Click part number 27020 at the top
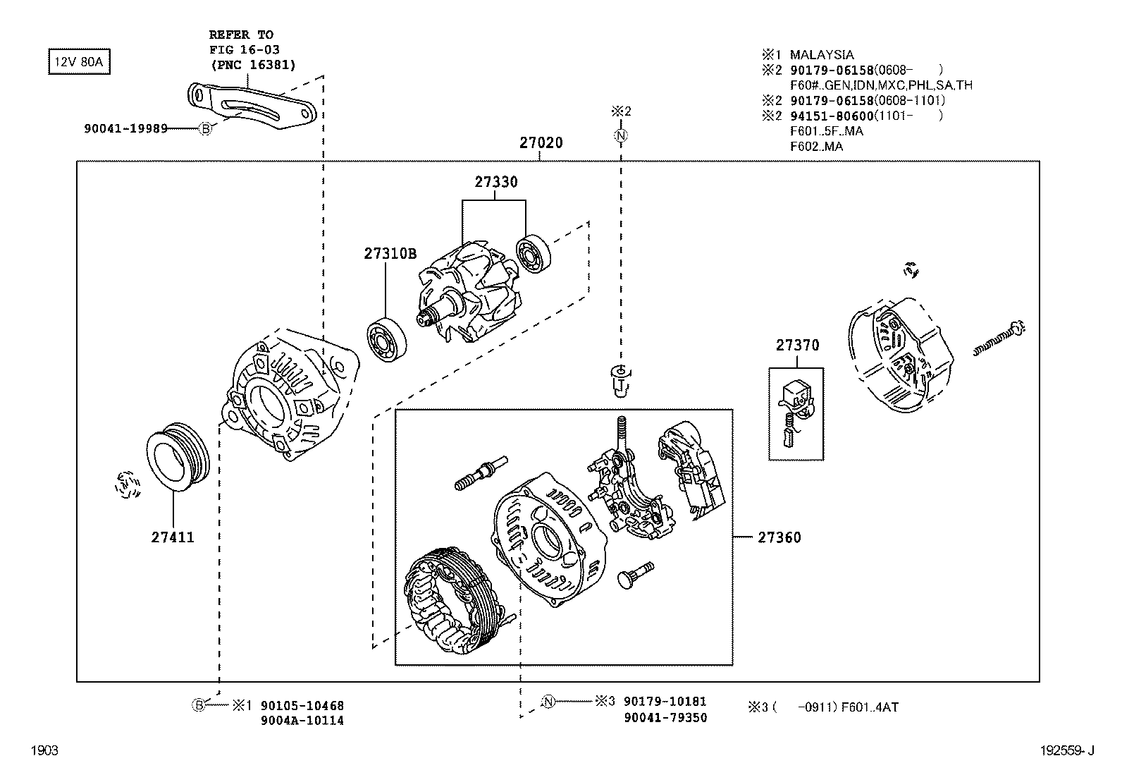(x=541, y=143)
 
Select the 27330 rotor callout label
(x=495, y=182)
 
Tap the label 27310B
(x=390, y=254)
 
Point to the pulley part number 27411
(x=173, y=537)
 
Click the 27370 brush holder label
(x=797, y=346)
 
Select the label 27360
(x=779, y=538)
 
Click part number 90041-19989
(x=125, y=128)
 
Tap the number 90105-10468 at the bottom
(x=302, y=706)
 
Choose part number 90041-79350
(x=665, y=718)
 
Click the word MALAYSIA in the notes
(x=821, y=54)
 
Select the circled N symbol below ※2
(x=620, y=135)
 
